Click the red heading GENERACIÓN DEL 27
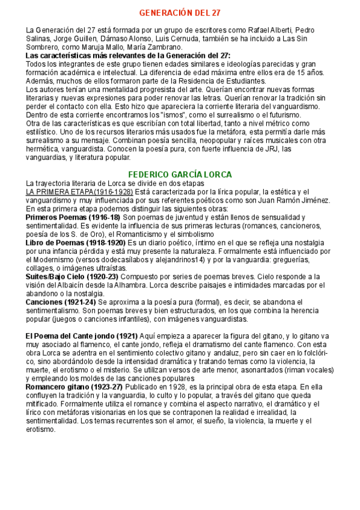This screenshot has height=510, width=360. tap(180, 13)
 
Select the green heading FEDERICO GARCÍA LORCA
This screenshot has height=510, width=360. tap(180, 174)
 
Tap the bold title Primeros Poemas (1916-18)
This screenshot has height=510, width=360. tap(72, 217)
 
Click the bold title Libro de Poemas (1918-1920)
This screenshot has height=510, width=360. tap(75, 242)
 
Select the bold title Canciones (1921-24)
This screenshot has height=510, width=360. tap(60, 301)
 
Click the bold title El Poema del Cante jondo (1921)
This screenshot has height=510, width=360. tap(81, 336)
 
